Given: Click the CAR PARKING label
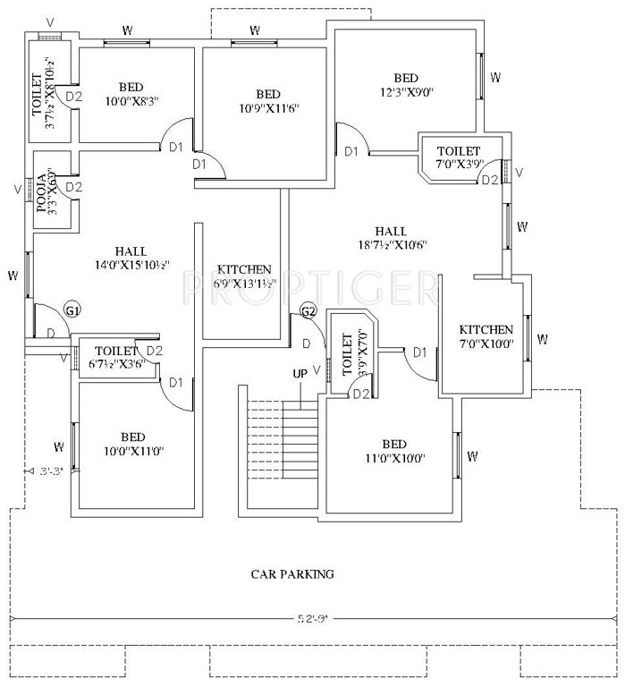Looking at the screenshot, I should [292, 573].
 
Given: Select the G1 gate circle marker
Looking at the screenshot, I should [73, 310].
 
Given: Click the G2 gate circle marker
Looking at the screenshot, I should [308, 311].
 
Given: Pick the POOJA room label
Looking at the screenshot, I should [41, 189].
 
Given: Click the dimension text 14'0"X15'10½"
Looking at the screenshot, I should [131, 265].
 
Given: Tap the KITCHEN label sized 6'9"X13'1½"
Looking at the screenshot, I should [243, 269].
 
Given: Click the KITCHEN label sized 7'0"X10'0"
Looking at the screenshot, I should [486, 330].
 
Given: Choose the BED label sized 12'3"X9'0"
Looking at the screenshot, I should [406, 78].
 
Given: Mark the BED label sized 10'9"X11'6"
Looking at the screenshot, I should [268, 95].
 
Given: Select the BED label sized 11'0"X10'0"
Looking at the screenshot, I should [393, 445].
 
